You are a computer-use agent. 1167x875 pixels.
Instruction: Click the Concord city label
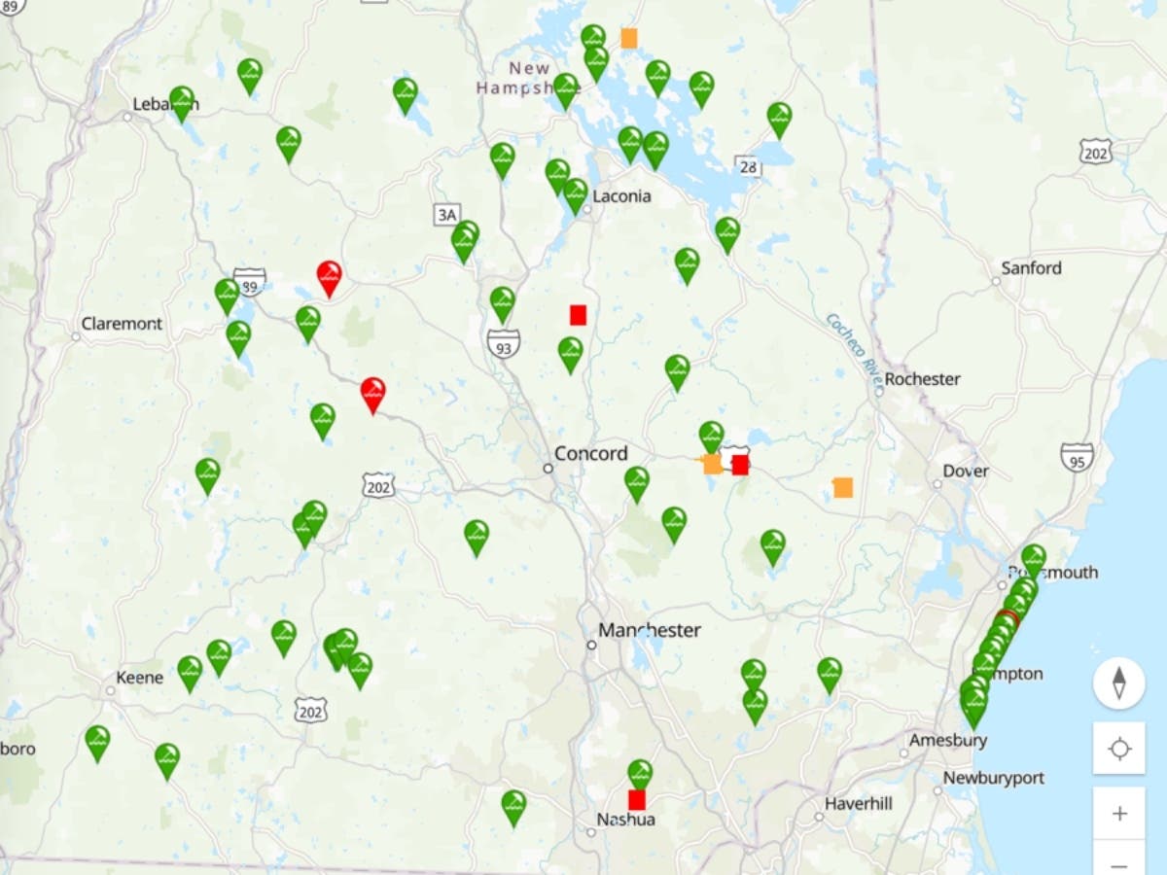click(x=591, y=453)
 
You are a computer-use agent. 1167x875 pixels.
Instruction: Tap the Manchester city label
click(x=650, y=630)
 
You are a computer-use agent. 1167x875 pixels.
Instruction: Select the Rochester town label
click(x=922, y=379)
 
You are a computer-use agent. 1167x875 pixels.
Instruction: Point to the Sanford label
click(x=1032, y=267)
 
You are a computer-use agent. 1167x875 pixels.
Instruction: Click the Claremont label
click(x=122, y=324)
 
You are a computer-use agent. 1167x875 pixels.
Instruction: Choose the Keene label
click(x=140, y=677)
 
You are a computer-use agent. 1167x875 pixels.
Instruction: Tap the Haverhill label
click(x=858, y=804)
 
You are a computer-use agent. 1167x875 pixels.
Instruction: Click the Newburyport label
click(x=994, y=778)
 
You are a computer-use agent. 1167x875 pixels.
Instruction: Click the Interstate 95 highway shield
click(x=1077, y=457)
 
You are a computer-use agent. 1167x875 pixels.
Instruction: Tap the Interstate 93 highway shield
click(x=504, y=343)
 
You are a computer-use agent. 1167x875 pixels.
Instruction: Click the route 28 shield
click(x=748, y=166)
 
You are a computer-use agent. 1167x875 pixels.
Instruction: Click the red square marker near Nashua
click(x=637, y=800)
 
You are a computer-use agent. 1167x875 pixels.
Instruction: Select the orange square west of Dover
click(x=843, y=487)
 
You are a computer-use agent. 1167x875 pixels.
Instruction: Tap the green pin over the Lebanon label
click(x=182, y=101)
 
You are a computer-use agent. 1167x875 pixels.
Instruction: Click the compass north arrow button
click(x=1119, y=682)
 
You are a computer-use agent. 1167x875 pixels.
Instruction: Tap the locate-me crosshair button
click(x=1119, y=749)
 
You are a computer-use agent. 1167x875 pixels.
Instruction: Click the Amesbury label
click(x=948, y=740)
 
